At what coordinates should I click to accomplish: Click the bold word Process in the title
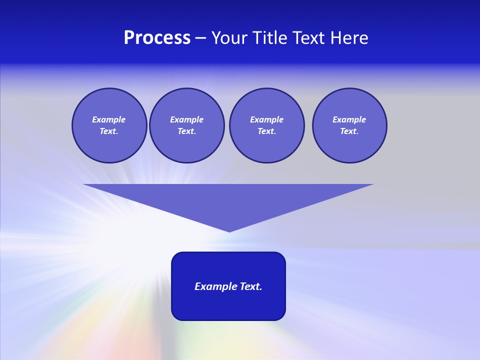[157, 38]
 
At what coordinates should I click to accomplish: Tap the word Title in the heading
[269, 38]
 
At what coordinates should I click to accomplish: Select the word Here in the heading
[349, 38]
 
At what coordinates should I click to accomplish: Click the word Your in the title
[228, 38]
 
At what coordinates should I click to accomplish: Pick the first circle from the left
[109, 125]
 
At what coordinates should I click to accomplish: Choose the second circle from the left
[187, 125]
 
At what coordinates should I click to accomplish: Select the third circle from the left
[266, 125]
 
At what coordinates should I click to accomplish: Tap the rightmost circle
[349, 125]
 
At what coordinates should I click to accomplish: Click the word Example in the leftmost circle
[108, 120]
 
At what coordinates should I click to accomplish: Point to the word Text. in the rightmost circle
[349, 131]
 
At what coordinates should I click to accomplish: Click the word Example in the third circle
[266, 120]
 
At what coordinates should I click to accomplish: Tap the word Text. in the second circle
[186, 131]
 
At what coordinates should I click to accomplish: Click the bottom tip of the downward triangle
[229, 231]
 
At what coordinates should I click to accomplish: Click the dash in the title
[200, 38]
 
